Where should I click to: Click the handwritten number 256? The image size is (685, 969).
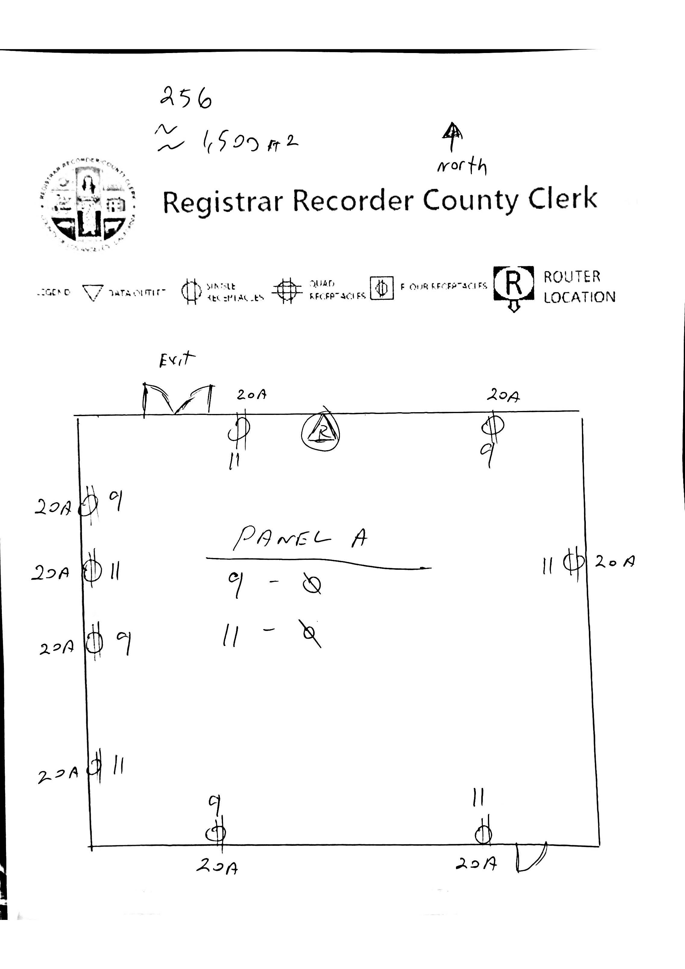[186, 98]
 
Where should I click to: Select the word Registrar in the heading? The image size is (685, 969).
[222, 202]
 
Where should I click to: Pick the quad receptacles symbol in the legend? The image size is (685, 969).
[287, 290]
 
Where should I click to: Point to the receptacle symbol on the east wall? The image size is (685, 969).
[574, 562]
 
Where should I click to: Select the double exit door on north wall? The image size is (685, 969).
[178, 399]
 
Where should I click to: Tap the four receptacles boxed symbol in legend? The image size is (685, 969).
[382, 288]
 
